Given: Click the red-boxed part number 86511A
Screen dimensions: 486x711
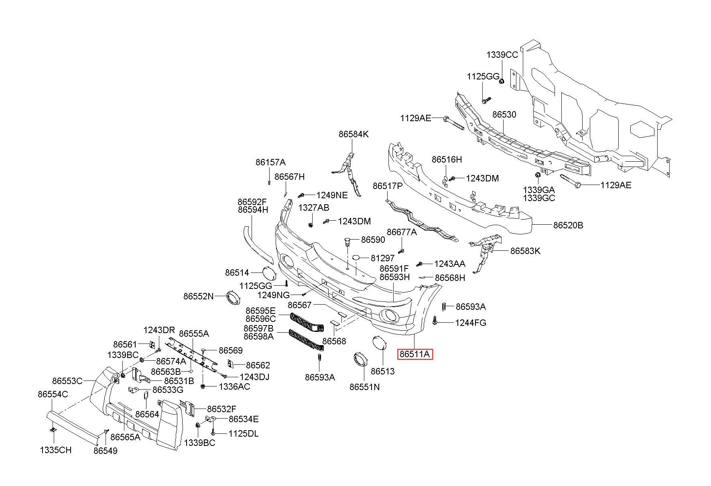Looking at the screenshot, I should [415, 354].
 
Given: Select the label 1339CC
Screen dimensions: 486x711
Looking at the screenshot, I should [502, 55].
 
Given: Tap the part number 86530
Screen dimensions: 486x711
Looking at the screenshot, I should [504, 114].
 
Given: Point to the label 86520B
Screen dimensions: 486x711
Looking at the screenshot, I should [568, 225].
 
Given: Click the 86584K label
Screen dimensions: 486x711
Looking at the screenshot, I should [353, 134].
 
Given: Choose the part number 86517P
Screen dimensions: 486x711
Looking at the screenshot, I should [388, 186].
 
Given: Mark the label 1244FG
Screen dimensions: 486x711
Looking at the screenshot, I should [470, 323].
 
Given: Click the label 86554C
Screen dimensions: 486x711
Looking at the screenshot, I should [53, 394].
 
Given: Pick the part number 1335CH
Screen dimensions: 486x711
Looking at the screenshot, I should [56, 450].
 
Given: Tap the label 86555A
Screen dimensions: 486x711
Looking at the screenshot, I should [194, 333].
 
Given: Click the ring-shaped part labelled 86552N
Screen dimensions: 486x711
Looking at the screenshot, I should [233, 298].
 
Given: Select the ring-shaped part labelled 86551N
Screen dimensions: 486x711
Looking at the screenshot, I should [360, 359].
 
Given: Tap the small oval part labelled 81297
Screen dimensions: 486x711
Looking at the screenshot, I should [358, 258].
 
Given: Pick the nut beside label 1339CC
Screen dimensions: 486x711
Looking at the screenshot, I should [502, 81].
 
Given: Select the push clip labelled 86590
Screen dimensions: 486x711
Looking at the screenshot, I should [348, 242].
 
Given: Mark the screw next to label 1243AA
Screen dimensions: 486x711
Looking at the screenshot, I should [420, 264].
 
